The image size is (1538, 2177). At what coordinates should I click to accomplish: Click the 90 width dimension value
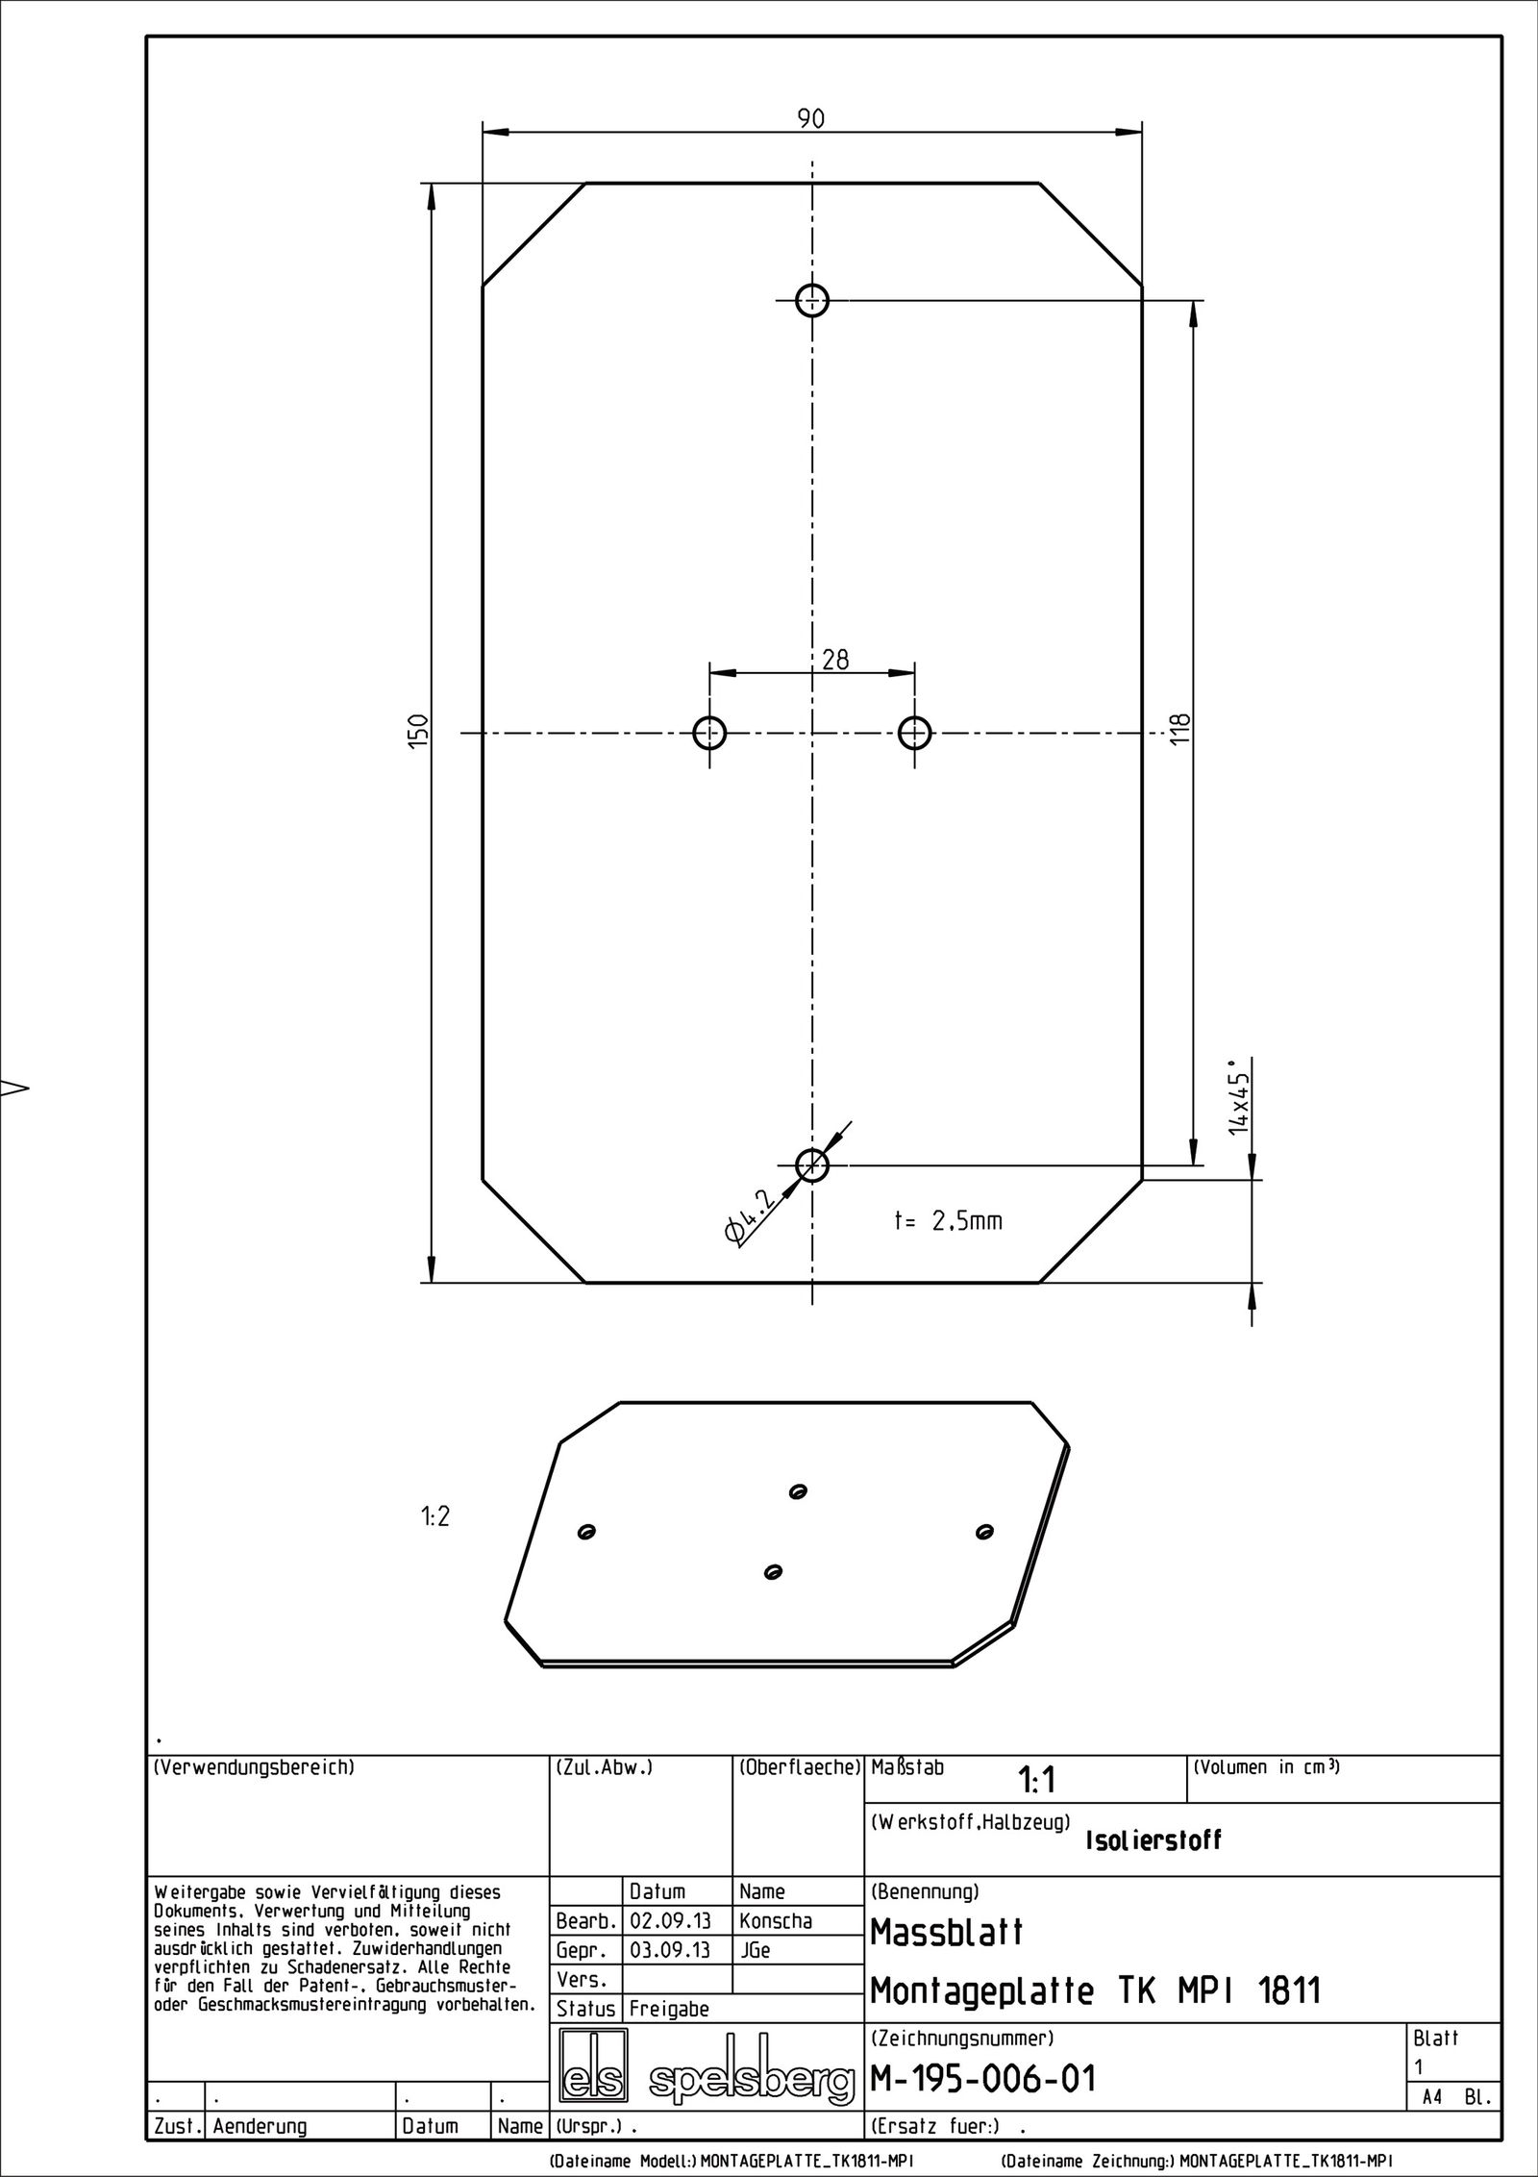click(x=811, y=118)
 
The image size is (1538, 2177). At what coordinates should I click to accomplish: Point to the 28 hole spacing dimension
click(x=835, y=660)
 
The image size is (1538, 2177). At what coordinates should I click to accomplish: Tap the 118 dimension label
click(x=1181, y=729)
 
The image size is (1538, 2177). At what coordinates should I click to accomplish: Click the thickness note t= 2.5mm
click(x=948, y=1221)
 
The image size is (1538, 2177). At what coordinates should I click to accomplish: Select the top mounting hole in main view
click(x=812, y=300)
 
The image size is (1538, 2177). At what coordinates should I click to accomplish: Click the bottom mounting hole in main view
click(x=812, y=1165)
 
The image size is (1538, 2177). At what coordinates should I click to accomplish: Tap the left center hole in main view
click(x=709, y=734)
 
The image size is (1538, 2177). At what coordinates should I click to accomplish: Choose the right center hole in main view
click(x=914, y=734)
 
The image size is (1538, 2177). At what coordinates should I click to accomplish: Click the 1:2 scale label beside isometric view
click(x=434, y=1516)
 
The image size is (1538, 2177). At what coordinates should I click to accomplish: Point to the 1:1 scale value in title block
click(x=1037, y=1782)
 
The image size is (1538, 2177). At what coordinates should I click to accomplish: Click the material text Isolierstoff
click(x=1153, y=1840)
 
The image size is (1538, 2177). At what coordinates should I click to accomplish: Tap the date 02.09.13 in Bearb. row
click(x=669, y=1921)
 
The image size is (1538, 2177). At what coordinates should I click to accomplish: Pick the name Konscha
click(x=776, y=1921)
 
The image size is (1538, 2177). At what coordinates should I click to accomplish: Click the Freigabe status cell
click(x=669, y=2009)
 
